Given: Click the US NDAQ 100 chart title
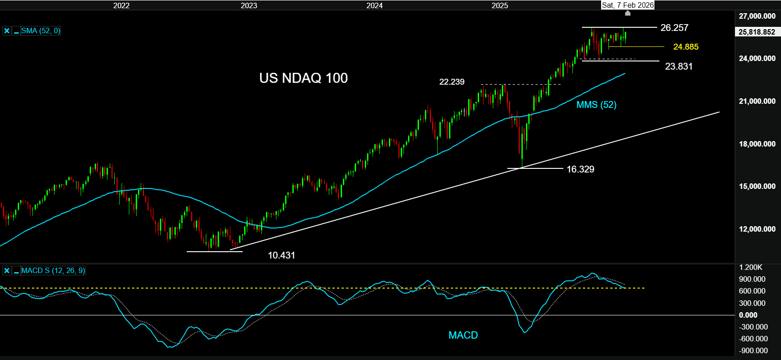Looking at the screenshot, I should [x=303, y=78].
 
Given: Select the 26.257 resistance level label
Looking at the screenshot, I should [x=674, y=28].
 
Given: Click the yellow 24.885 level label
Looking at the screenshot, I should [x=685, y=47].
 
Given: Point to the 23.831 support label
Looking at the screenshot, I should [x=679, y=66].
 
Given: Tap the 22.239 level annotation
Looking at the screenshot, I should [x=451, y=82].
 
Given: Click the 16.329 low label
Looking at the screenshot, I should [x=580, y=169].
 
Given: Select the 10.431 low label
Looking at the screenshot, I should [x=281, y=255].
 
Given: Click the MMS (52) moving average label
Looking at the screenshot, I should [x=596, y=105].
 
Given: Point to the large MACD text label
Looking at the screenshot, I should [x=463, y=335].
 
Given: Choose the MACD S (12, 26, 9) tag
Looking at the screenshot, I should [x=53, y=271].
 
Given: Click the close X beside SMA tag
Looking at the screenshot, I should [x=7, y=31].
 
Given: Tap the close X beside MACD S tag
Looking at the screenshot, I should [x=7, y=271].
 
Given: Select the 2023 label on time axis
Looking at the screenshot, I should [x=249, y=5].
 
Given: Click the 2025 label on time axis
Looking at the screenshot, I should [x=500, y=5].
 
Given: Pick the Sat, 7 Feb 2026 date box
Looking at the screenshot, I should [x=628, y=5].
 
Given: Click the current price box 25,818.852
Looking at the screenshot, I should [x=756, y=32].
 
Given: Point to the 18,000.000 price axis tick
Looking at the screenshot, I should [x=757, y=144].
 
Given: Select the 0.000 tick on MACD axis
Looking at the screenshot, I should [x=748, y=315].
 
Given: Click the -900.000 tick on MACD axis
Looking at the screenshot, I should [x=753, y=350].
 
